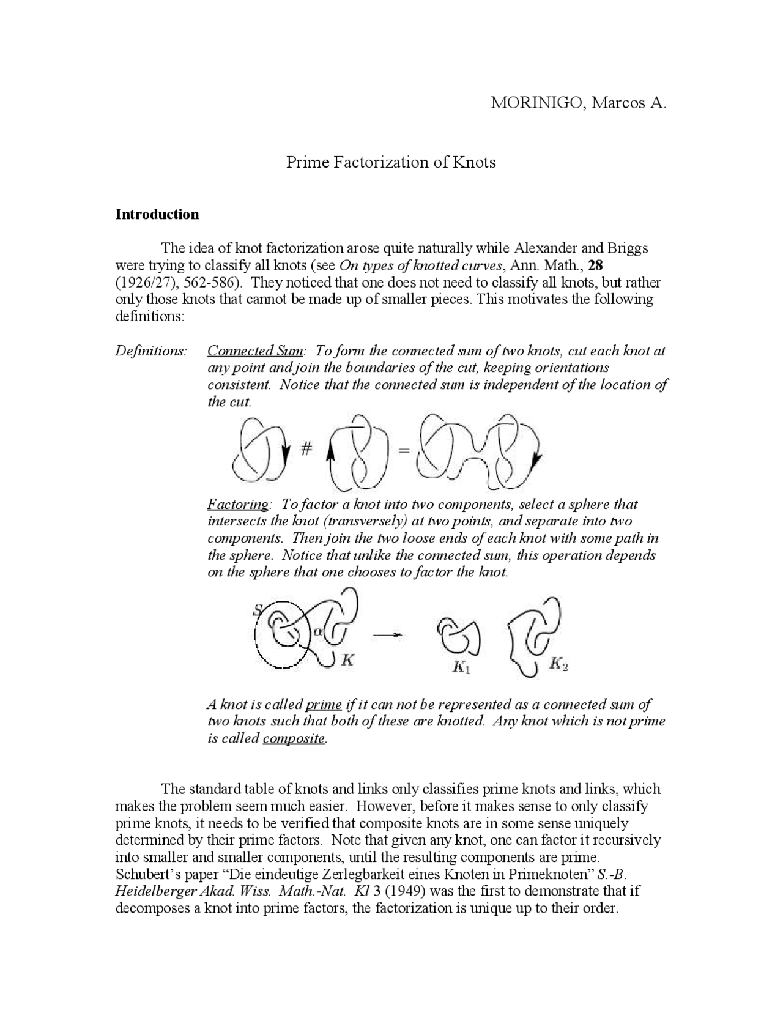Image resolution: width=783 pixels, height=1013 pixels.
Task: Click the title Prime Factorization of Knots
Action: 391,162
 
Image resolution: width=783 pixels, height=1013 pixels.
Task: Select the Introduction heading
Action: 157,214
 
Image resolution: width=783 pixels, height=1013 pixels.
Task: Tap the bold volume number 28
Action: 596,265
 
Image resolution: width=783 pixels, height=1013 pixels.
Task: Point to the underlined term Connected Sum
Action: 255,351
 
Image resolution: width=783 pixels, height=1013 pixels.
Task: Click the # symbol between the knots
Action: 306,450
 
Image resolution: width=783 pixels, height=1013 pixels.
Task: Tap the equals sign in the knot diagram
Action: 403,451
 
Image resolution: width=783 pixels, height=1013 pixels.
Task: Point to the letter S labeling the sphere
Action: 258,609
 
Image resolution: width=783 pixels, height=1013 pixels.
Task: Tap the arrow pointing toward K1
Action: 388,636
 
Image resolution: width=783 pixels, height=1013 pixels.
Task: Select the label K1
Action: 461,667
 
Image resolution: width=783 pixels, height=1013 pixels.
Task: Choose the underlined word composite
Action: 294,738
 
